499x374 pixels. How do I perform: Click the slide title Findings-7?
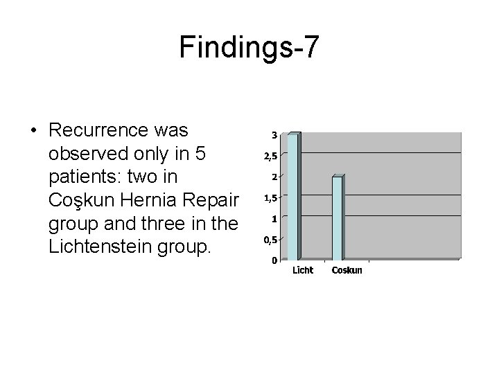click(249, 47)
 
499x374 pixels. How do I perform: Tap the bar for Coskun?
click(337, 217)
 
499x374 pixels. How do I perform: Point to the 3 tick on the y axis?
click(274, 134)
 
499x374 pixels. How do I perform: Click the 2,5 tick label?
click(270, 156)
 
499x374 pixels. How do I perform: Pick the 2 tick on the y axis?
click(274, 177)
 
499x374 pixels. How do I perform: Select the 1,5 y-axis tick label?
click(270, 198)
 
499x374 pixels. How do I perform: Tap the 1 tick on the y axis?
click(274, 219)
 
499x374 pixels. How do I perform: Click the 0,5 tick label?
click(270, 240)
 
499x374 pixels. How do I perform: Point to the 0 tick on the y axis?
click(274, 261)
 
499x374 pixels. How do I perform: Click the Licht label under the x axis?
click(302, 270)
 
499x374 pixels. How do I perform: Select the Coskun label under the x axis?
click(347, 270)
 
